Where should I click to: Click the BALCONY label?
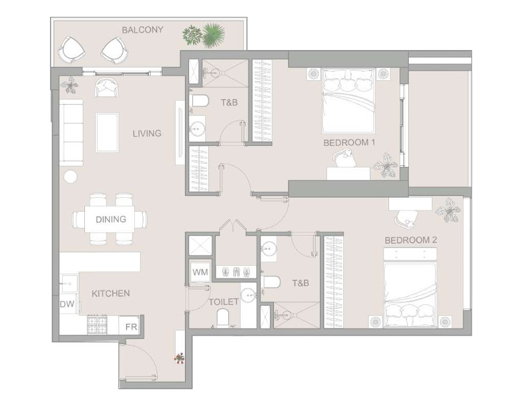coord(142,30)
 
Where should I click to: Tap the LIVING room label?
coord(147,133)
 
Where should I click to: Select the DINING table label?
coord(111,219)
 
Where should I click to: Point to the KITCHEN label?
coord(111,294)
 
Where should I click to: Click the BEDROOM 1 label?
coord(349,142)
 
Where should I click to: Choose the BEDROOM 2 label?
coord(411,240)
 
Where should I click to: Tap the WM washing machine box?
coord(200,272)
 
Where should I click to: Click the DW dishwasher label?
coord(67,304)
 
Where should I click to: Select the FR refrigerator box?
coord(131,326)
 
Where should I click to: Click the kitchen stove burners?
coord(98,324)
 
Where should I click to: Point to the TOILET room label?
coord(223,302)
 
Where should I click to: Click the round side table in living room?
coord(70,176)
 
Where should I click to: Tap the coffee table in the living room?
coord(107,133)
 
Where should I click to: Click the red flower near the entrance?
coord(179,357)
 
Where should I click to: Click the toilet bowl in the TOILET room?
coord(222,318)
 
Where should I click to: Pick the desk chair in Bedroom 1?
coord(344,159)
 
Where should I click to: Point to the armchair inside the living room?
coord(107,87)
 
